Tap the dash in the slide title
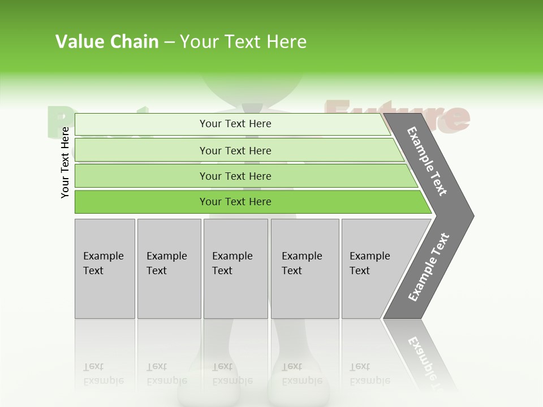pos(169,42)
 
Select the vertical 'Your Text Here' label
pos(65,163)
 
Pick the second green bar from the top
pos(235,150)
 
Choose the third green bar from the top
pos(235,176)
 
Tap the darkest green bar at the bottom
pos(235,202)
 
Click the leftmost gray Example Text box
pos(105,269)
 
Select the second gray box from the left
pos(169,269)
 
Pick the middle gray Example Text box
pos(235,269)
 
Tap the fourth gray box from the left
pos(305,269)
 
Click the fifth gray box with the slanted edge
pos(373,269)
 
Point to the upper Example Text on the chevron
pos(427,161)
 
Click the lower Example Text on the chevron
pos(429,267)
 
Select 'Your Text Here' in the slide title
pos(243,42)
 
